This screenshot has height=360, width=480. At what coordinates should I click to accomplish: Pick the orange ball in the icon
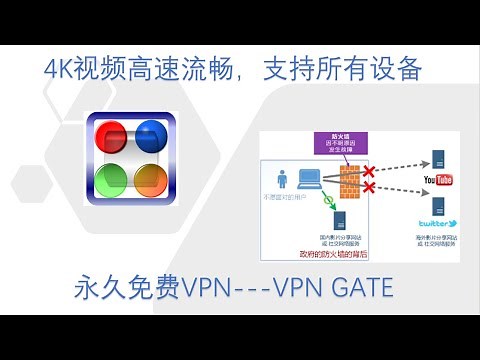(x=150, y=181)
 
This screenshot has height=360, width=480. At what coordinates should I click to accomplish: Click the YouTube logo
(x=440, y=179)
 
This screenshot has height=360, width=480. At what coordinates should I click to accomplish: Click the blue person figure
(x=284, y=179)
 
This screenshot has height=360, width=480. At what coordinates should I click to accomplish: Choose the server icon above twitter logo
(x=438, y=206)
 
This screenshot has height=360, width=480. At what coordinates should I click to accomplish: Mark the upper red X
(x=369, y=172)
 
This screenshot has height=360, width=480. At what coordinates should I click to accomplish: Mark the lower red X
(x=369, y=187)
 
